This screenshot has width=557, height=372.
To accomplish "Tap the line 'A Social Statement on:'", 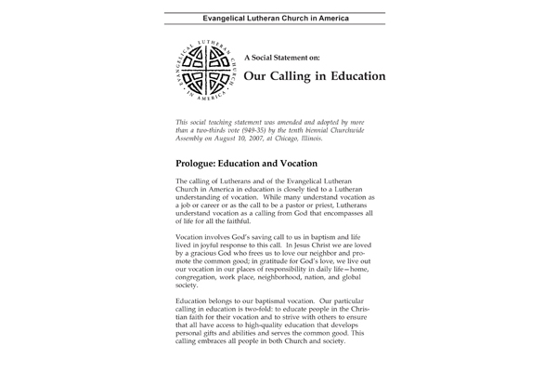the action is pyautogui.click(x=278, y=55).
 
